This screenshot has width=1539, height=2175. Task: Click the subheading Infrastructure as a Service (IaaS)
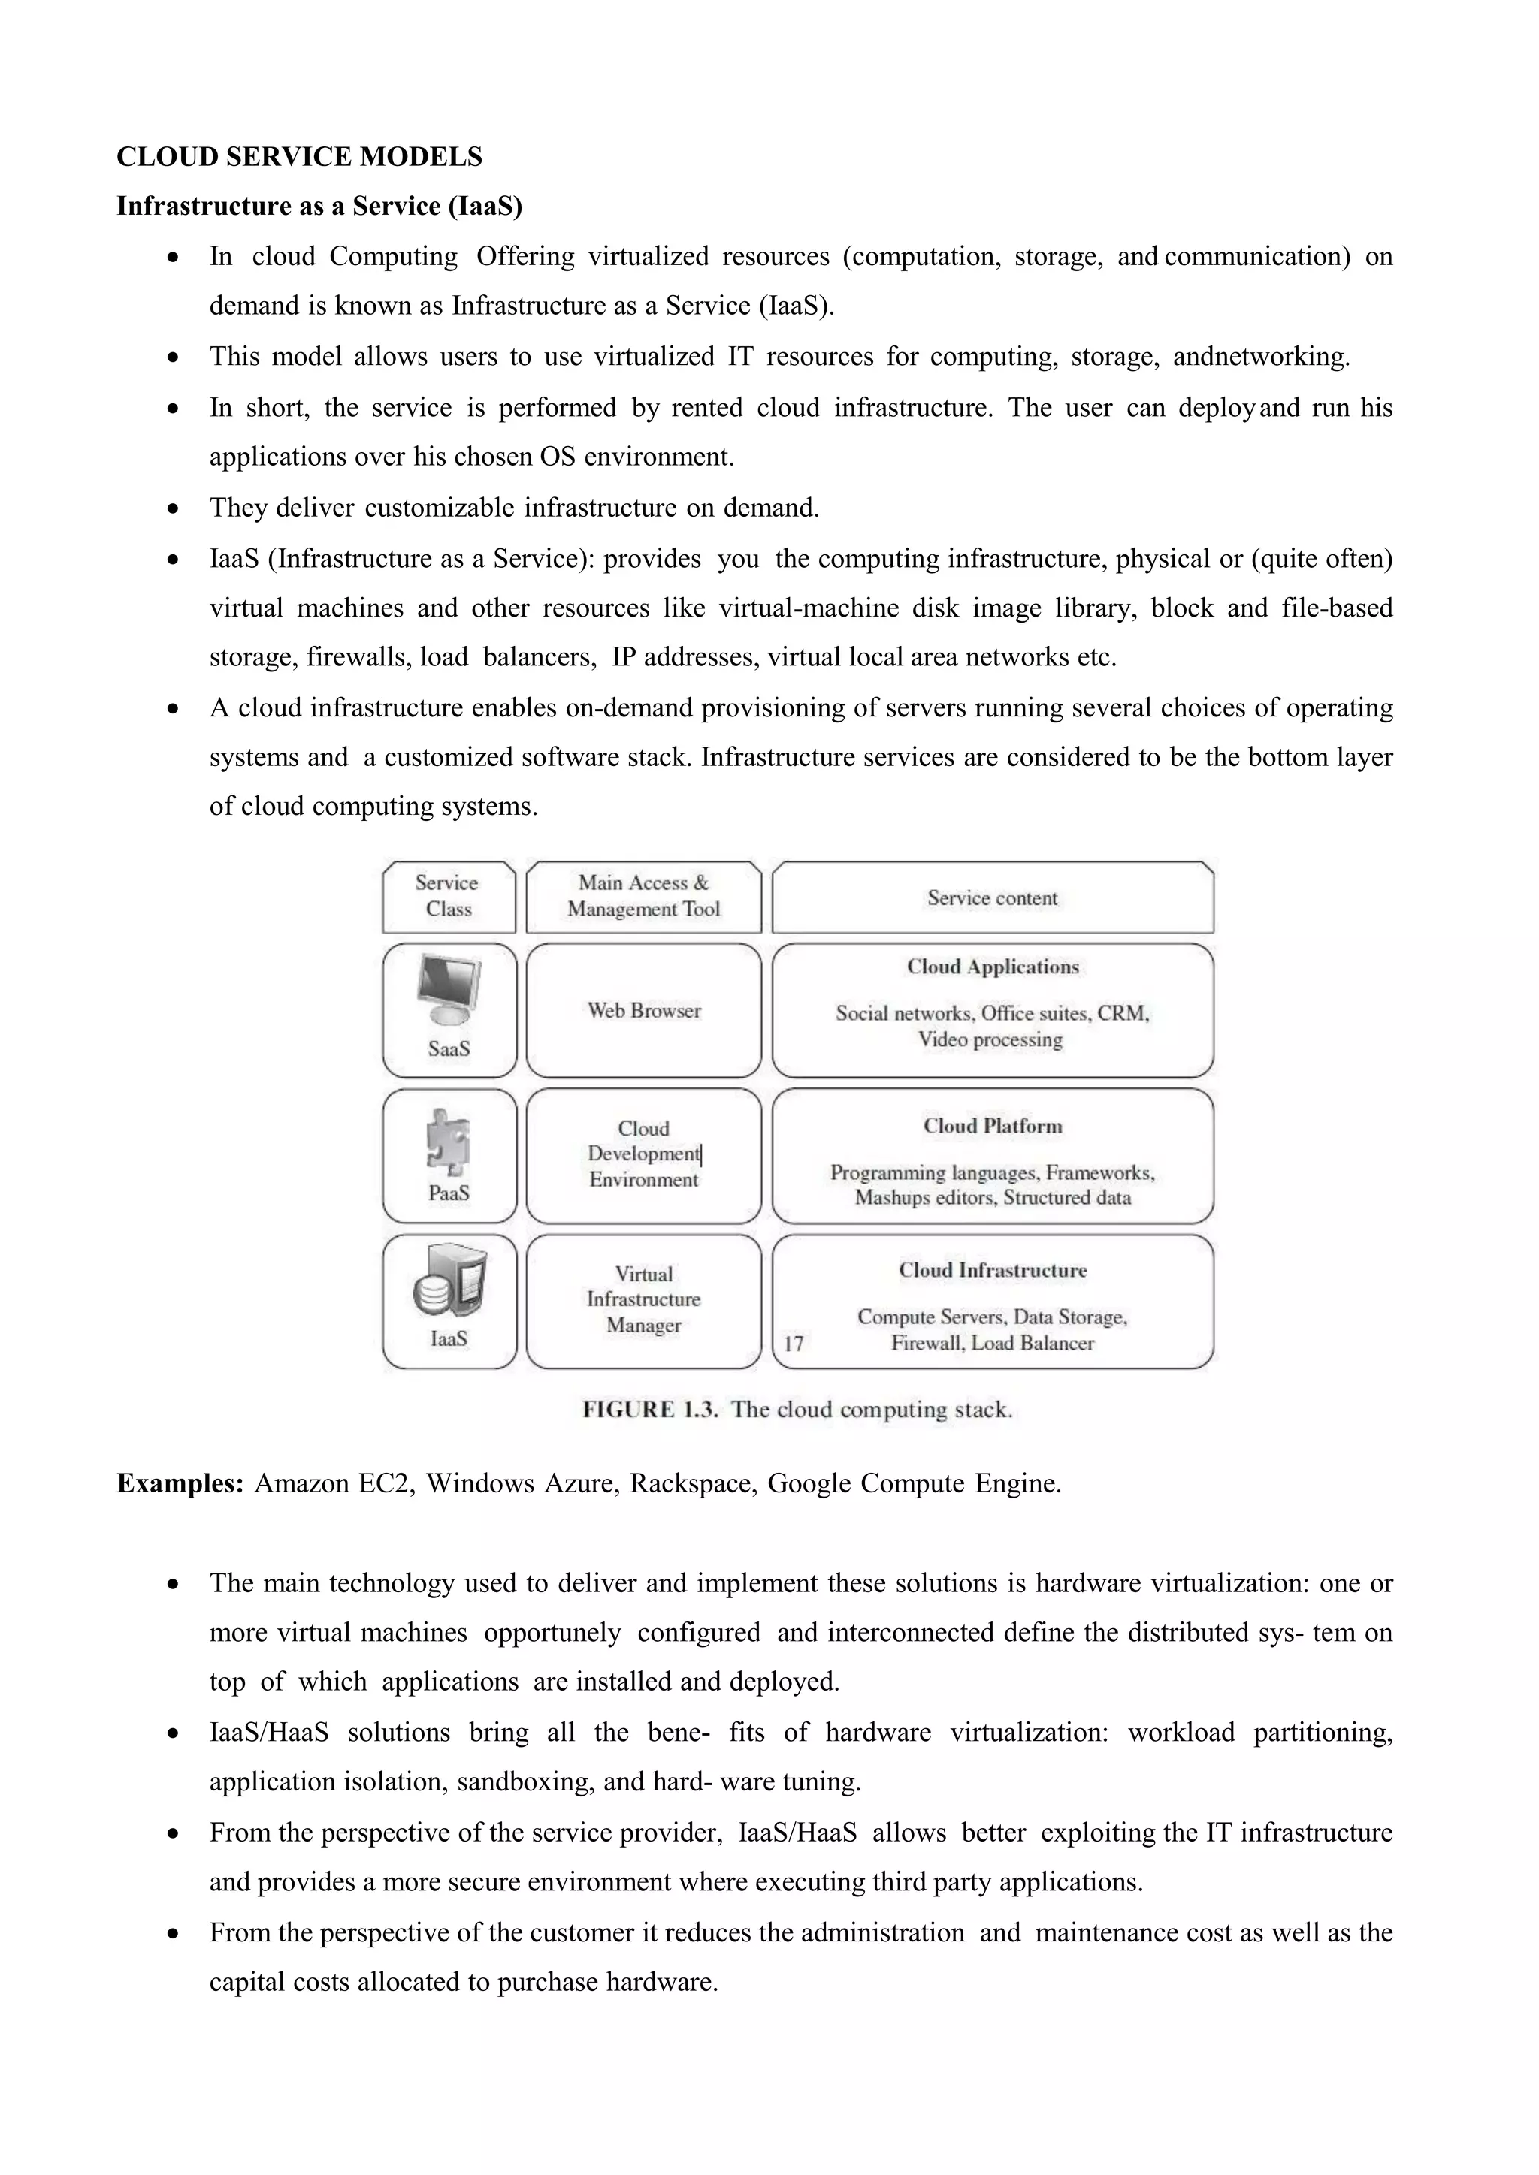pyautogui.click(x=319, y=206)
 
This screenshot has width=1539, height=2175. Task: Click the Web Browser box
pyautogui.click(x=643, y=1011)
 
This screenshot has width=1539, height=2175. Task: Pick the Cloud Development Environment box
pyautogui.click(x=643, y=1155)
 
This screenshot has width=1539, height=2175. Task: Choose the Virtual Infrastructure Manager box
pyautogui.click(x=643, y=1300)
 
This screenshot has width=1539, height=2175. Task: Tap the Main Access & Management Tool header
pyautogui.click(x=643, y=896)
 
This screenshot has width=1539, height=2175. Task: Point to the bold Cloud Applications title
pyautogui.click(x=992, y=967)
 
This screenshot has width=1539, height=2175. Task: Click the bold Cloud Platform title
pyautogui.click(x=992, y=1127)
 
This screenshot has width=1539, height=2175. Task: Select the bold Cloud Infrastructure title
pyautogui.click(x=992, y=1270)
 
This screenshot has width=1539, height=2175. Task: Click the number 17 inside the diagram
pyautogui.click(x=794, y=1344)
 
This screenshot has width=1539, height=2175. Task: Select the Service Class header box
pyautogui.click(x=448, y=896)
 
